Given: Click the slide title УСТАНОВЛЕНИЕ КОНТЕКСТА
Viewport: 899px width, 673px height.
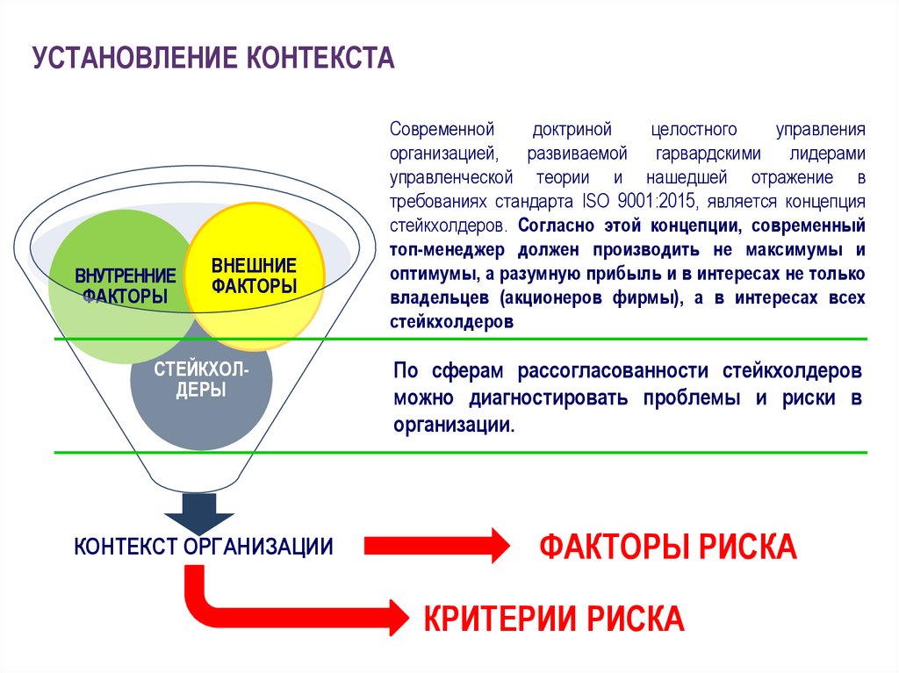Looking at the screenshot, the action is coord(213,58).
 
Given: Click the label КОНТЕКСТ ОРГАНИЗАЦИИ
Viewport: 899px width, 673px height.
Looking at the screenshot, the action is coord(204,547).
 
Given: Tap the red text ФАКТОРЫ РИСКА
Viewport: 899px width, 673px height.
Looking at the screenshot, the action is coord(667,547).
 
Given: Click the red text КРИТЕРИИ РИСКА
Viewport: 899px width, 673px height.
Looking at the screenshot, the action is coord(554,619).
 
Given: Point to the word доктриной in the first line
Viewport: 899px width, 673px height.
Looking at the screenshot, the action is coord(571,130).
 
